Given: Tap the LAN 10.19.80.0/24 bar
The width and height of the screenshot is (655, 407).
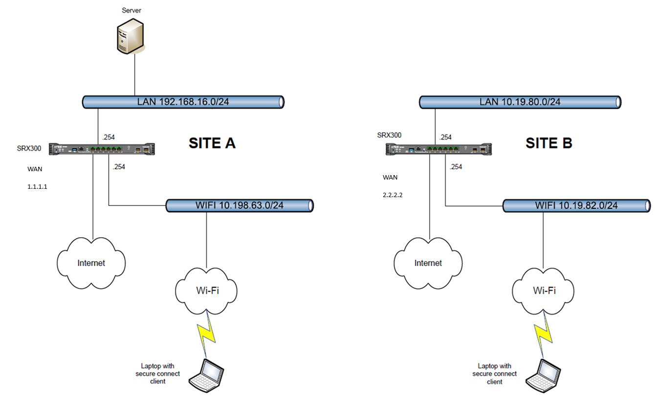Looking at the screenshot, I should click(520, 102).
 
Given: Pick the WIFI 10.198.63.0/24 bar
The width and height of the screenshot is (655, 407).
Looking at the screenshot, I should click(239, 205).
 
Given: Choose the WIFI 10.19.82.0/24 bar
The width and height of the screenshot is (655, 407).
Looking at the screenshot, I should click(577, 206).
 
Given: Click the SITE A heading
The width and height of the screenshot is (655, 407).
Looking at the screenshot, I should click(212, 143).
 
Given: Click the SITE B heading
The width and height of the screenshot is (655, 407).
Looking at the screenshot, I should click(549, 143).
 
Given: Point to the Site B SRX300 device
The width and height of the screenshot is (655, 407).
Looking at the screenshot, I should click(439, 149).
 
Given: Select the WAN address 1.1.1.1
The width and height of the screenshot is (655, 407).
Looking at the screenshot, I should click(38, 187).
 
